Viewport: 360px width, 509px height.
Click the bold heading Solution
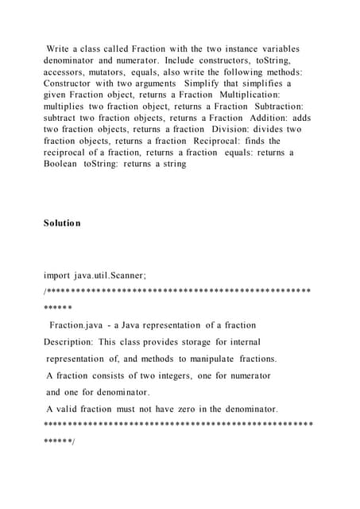point(62,223)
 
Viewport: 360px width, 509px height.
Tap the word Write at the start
point(60,49)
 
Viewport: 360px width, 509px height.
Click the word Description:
point(69,342)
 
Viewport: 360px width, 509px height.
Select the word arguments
point(153,83)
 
